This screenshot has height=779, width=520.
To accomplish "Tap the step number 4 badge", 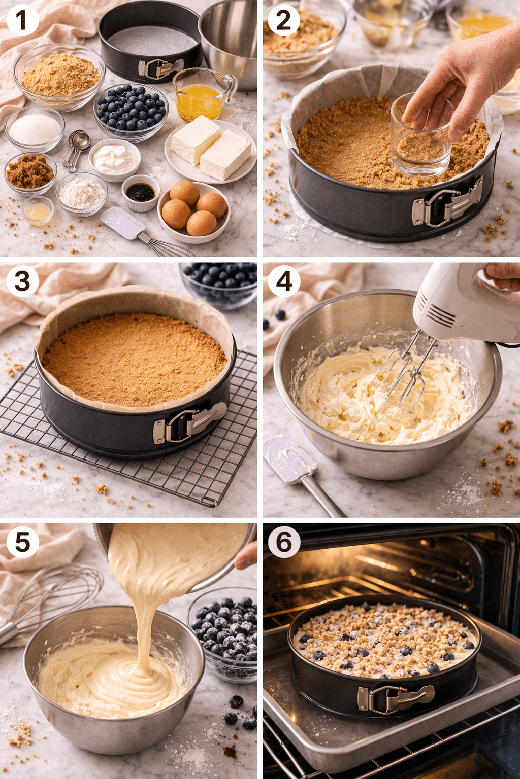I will click(284, 281).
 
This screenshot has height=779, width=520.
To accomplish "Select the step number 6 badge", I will click(284, 542).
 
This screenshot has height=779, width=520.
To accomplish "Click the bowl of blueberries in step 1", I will click(131, 111).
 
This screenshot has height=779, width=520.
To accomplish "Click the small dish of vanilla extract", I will click(141, 193).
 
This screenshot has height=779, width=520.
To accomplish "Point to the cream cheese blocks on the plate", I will click(211, 148).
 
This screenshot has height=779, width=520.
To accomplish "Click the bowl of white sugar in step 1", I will click(35, 129).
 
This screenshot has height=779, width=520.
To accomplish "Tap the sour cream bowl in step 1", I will click(114, 159).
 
